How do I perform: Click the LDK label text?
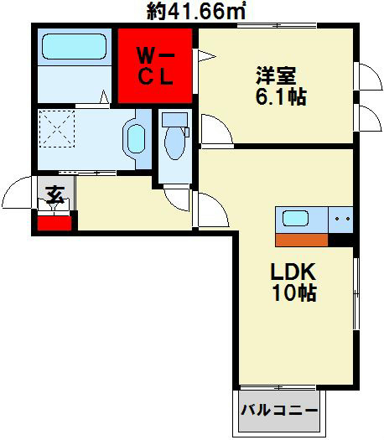click(293, 272)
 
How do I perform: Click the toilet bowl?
click(176, 138)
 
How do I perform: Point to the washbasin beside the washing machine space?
click(135, 137)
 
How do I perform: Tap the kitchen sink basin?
click(295, 219)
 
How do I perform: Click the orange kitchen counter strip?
click(301, 238)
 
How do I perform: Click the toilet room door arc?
click(179, 196)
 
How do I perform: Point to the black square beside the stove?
click(340, 238)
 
